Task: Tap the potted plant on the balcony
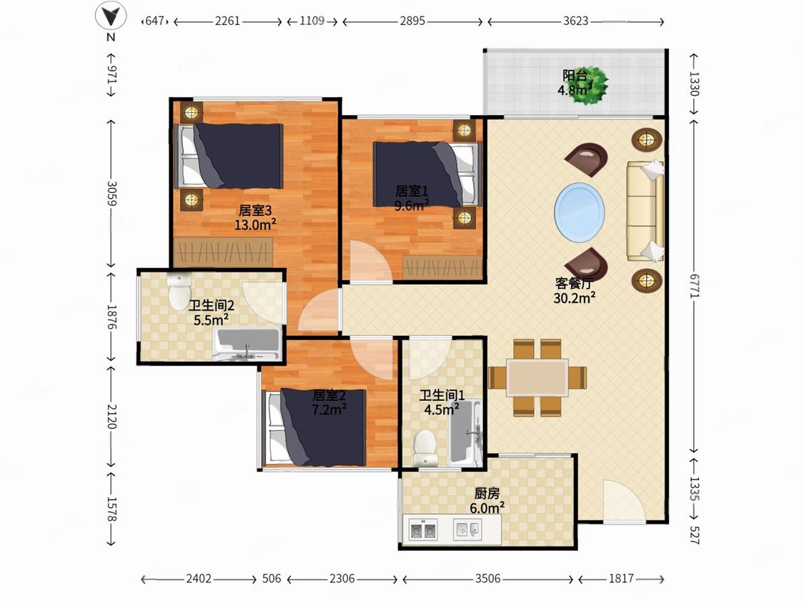coord(591,86)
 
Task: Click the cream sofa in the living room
coord(645,211)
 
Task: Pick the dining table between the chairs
coord(537,378)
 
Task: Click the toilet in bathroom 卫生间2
coord(179,292)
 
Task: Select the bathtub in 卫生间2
coord(247,344)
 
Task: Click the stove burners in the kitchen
coord(424,530)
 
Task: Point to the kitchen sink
coord(467,530)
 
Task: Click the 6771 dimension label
coord(694,286)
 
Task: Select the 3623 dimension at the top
coord(576,21)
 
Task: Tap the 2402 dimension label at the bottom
coord(199,579)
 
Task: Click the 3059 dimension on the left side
coord(111,194)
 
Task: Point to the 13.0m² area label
coord(255,224)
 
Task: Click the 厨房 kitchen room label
coord(487,493)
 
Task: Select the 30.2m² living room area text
coord(575,297)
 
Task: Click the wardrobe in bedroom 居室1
coord(443,267)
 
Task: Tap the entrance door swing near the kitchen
coord(624,501)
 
